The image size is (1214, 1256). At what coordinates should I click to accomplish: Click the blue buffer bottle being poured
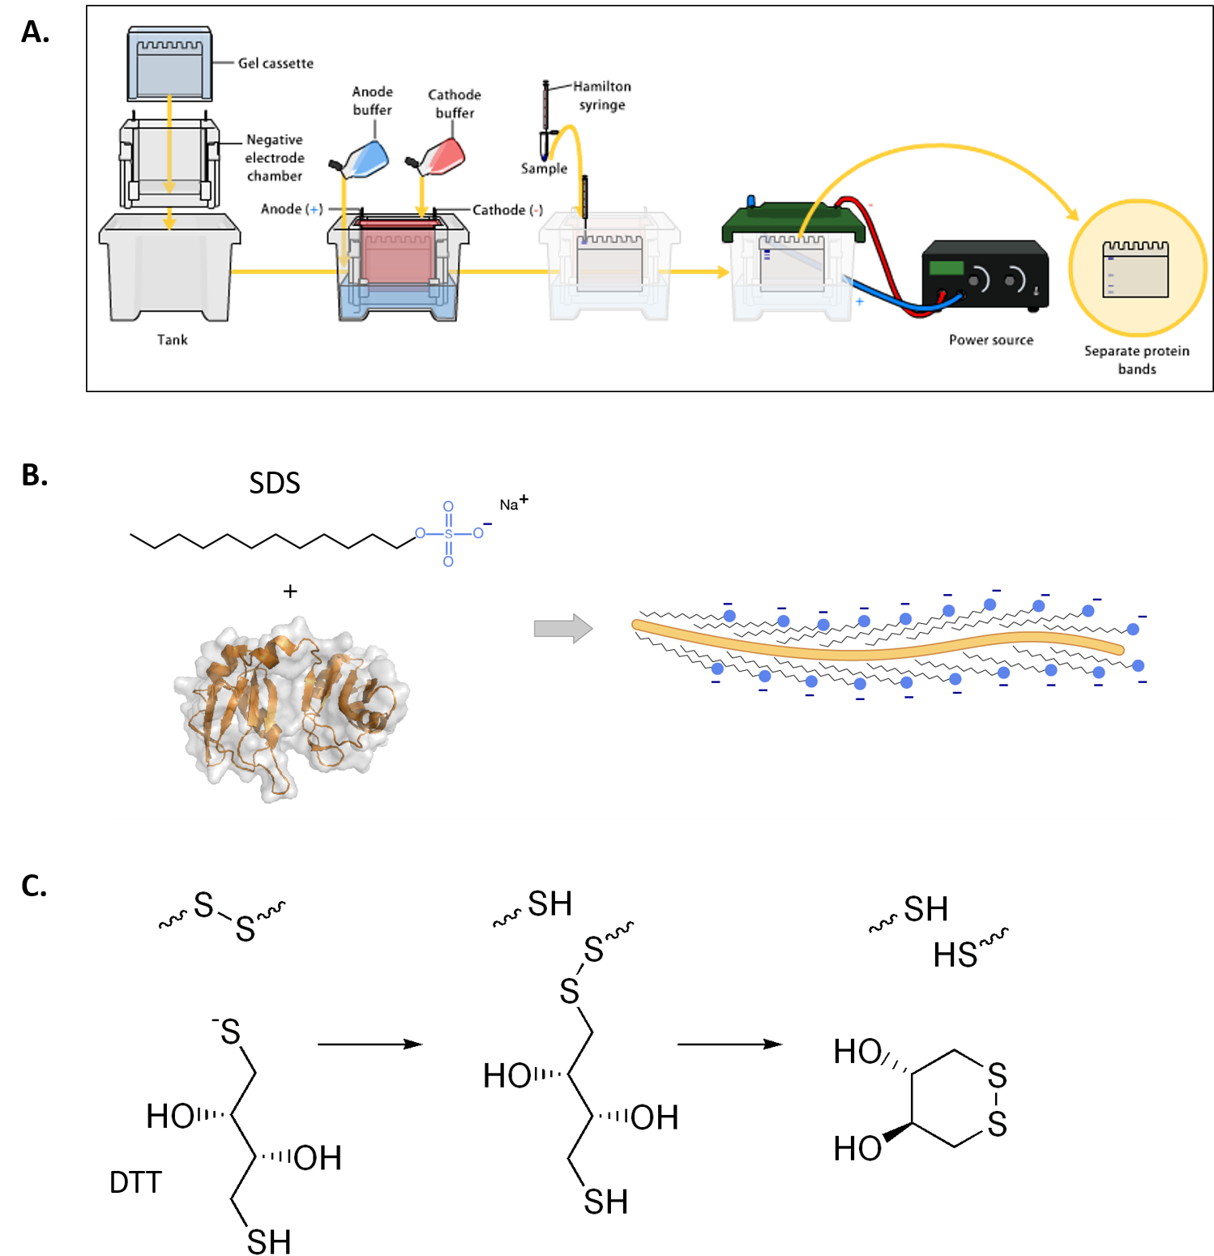(364, 159)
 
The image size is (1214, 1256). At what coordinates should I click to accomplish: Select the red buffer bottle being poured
(442, 156)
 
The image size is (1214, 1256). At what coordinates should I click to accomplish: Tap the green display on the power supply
(946, 267)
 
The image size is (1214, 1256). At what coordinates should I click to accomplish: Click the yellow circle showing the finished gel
(1137, 267)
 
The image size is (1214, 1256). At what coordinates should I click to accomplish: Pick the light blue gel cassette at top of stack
(170, 65)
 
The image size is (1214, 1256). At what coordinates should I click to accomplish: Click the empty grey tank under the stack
(169, 267)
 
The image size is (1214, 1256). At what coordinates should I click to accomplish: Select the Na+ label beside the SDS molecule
(513, 504)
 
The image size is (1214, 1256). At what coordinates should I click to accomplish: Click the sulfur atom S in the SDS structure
(448, 534)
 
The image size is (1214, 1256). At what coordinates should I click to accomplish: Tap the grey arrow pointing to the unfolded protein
(562, 628)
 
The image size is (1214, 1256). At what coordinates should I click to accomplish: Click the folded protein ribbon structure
(292, 705)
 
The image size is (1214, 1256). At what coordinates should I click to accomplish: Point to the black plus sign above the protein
(290, 592)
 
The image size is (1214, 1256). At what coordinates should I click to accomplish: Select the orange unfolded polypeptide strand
(875, 648)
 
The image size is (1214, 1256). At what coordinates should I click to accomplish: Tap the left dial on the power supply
(978, 280)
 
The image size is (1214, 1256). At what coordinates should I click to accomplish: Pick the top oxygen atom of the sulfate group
(448, 506)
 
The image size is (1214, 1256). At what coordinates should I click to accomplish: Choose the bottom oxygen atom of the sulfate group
(448, 562)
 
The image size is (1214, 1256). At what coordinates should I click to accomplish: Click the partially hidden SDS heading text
(275, 486)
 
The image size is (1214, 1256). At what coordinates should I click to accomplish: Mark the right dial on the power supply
(1013, 280)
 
